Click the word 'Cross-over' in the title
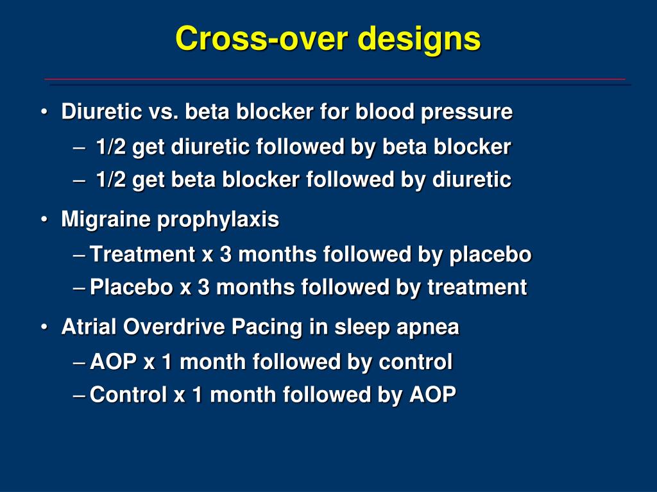pyautogui.click(x=262, y=38)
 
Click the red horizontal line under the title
pyautogui.click(x=335, y=79)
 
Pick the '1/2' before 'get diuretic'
pyautogui.click(x=111, y=147)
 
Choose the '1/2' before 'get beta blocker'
pyautogui.click(x=111, y=179)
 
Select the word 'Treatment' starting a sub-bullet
pyautogui.click(x=142, y=254)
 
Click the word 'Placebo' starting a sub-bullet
pyautogui.click(x=132, y=288)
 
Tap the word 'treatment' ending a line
pyautogui.click(x=477, y=288)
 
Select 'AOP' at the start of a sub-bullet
pyautogui.click(x=114, y=362)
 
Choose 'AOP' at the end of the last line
pyautogui.click(x=433, y=395)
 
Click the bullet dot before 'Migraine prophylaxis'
pyautogui.click(x=44, y=220)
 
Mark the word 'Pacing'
pyautogui.click(x=267, y=328)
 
